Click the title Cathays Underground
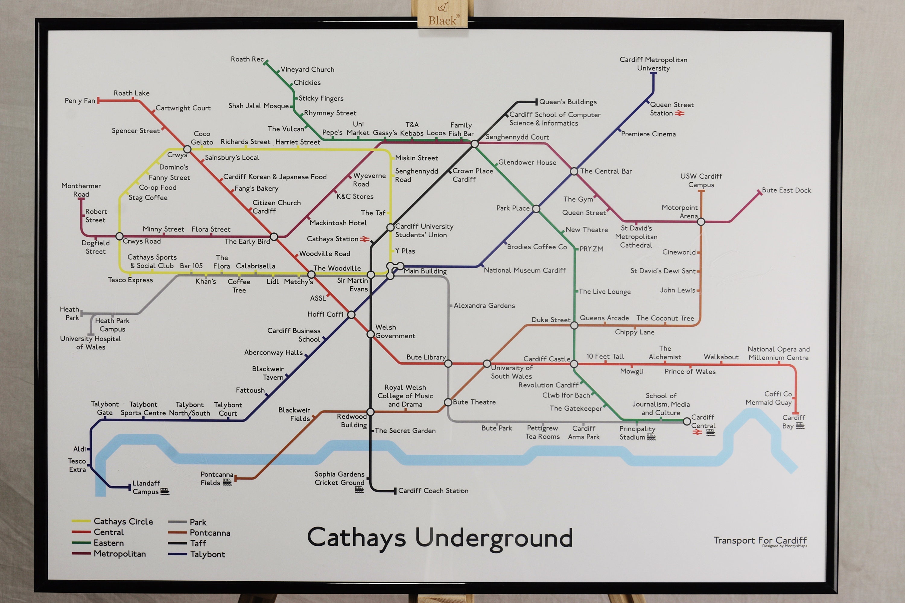(x=440, y=538)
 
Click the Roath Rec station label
(x=247, y=59)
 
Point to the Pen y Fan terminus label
(x=80, y=101)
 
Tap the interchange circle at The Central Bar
(x=574, y=171)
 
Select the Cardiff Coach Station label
(x=433, y=491)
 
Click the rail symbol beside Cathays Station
(x=364, y=239)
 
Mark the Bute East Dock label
(x=786, y=190)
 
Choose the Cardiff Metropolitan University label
(x=653, y=64)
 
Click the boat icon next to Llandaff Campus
(x=165, y=491)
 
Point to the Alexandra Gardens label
(x=484, y=306)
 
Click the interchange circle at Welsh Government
(x=370, y=334)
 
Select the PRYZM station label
(x=591, y=249)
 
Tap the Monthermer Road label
(x=81, y=190)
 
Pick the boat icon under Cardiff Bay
(x=800, y=426)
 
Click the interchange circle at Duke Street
(x=574, y=325)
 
